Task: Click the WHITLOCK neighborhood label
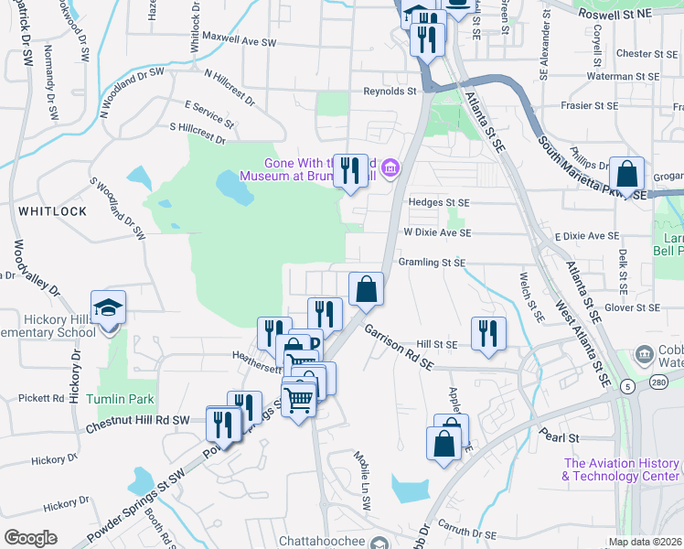52,211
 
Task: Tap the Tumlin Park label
121,400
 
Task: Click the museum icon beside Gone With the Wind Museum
390,167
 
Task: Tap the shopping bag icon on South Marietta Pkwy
627,173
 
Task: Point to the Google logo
30,538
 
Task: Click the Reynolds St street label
390,91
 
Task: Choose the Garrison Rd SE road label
399,348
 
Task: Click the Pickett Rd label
41,399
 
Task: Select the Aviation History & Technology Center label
622,470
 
